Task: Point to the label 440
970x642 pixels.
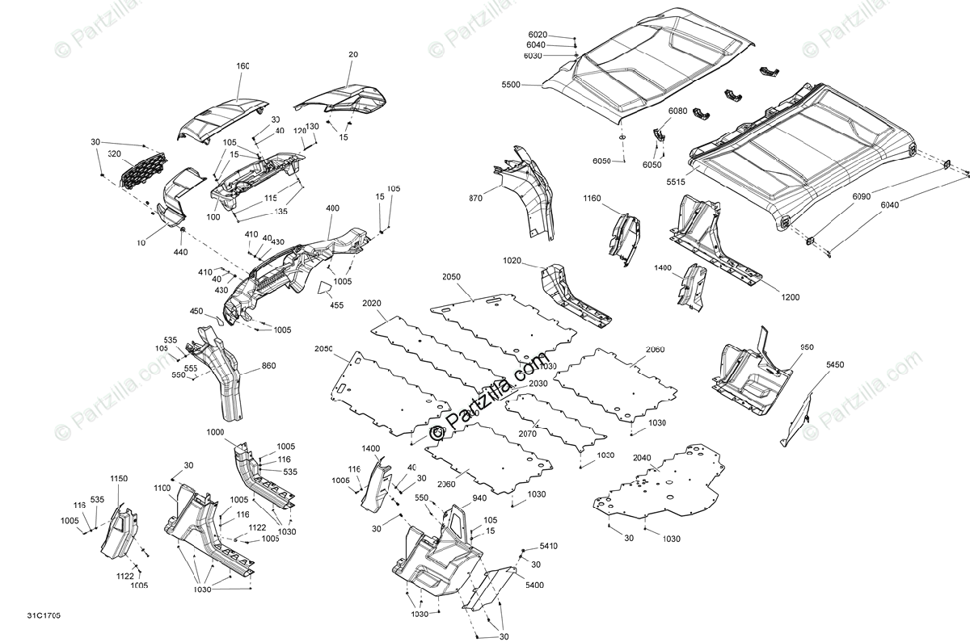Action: coord(180,252)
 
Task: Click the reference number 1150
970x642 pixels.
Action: coord(119,479)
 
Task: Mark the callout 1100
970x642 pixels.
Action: coord(162,488)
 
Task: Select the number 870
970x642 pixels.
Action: coord(476,198)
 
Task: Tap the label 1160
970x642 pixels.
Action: coord(592,197)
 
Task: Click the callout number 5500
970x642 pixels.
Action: coord(512,84)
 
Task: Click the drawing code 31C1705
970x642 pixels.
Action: coord(44,617)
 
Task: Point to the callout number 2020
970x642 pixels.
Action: coord(372,303)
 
